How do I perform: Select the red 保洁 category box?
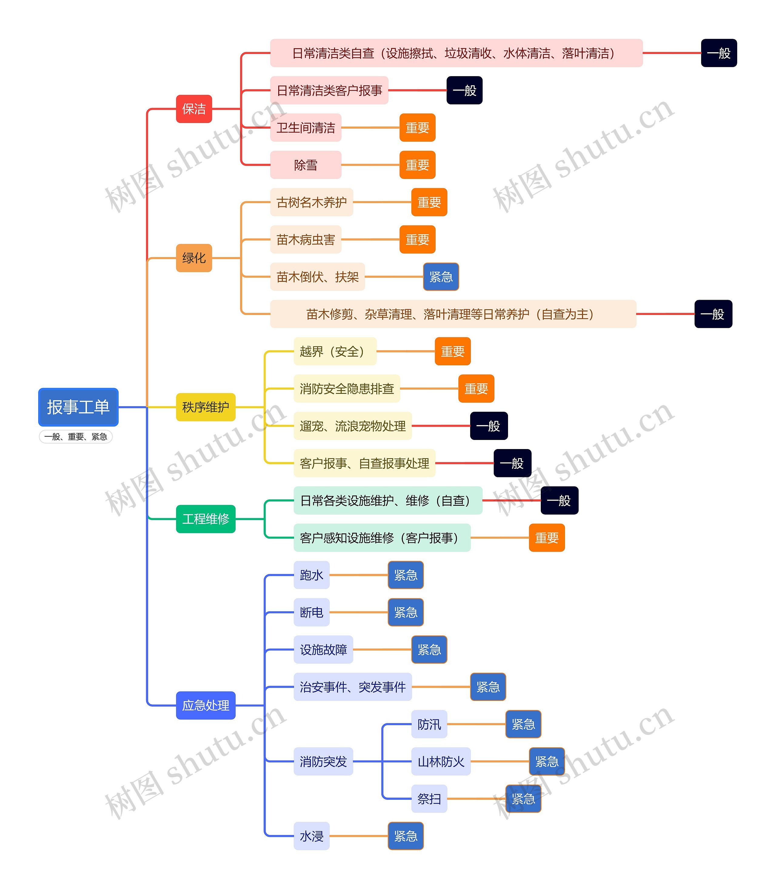[194, 109]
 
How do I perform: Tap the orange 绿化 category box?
[194, 258]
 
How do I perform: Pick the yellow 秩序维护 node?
[206, 407]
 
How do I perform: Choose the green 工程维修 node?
[206, 519]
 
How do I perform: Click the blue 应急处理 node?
[206, 705]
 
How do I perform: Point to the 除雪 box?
[306, 165]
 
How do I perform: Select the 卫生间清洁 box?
[306, 127]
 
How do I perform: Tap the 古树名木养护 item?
[312, 202]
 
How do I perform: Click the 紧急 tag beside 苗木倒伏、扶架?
[441, 276]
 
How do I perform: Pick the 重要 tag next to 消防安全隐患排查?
[476, 388]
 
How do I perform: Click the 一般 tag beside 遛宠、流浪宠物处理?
[489, 426]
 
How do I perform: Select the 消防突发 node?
[323, 761]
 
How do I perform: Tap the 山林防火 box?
[441, 761]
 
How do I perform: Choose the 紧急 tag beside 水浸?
[406, 836]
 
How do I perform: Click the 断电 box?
[312, 612]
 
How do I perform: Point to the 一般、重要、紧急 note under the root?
[76, 437]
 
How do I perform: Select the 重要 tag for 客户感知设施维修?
[547, 537]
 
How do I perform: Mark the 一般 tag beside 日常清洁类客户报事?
[465, 90]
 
